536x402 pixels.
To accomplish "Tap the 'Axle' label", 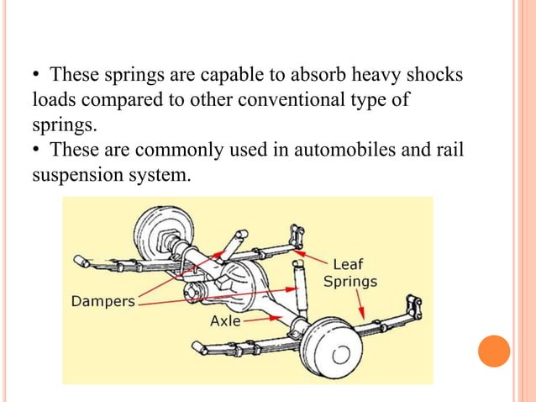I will pyautogui.click(x=225, y=320).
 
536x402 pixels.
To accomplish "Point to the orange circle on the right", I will pyautogui.click(x=494, y=351).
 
